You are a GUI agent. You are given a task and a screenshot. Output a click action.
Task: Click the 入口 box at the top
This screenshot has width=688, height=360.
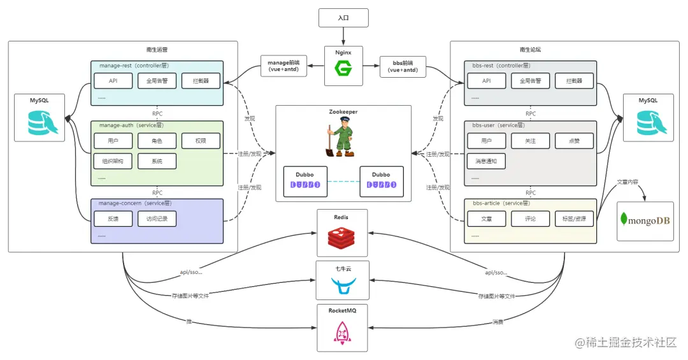[x=343, y=17]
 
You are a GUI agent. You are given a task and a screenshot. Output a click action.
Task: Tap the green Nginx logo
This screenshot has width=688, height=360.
[x=343, y=69]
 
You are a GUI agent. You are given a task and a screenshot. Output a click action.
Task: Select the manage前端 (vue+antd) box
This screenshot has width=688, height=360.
[x=283, y=66]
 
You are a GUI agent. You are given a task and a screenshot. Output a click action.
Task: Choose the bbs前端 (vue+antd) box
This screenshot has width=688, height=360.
[x=403, y=66]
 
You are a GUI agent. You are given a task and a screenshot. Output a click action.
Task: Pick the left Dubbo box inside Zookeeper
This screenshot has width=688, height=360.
[x=305, y=180]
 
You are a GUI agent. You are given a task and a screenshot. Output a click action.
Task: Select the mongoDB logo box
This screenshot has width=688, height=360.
[x=645, y=221]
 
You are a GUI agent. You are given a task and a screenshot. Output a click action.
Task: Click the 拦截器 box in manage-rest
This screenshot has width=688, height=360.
[x=201, y=81]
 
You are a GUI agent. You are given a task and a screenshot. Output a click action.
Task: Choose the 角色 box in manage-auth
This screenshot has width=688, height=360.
[x=157, y=141]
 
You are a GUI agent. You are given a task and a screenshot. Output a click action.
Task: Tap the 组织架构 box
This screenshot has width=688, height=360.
[x=113, y=161]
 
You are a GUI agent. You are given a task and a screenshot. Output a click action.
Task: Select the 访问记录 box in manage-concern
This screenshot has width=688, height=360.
[x=157, y=219]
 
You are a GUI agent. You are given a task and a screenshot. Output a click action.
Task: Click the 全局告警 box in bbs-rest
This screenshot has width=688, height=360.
[x=530, y=81]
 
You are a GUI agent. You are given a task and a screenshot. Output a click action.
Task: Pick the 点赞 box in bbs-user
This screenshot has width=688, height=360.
[x=574, y=141]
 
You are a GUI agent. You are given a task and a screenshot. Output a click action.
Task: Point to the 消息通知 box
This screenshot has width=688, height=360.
[x=486, y=161]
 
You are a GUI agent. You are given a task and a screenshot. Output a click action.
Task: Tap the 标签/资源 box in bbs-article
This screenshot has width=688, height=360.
[x=574, y=219]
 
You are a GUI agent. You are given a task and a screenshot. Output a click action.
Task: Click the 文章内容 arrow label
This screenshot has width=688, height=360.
[x=629, y=182]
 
